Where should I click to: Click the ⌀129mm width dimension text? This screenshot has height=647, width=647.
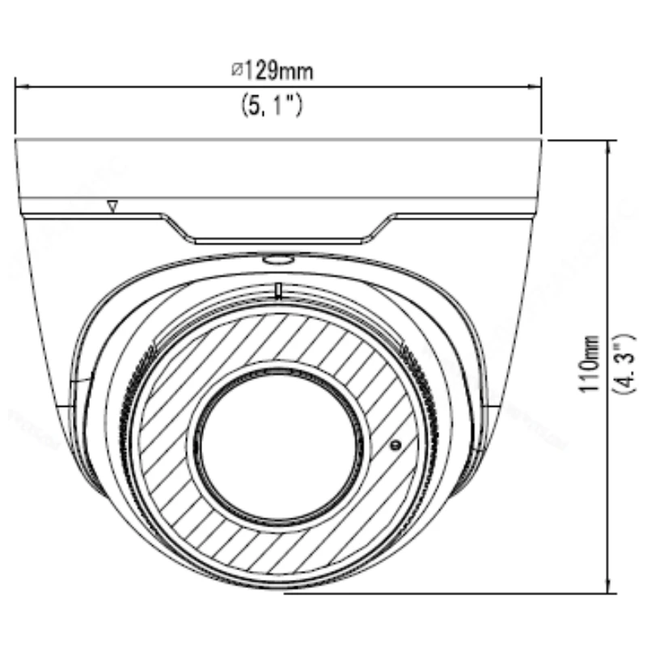[273, 71]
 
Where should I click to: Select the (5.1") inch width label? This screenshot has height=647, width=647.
[272, 105]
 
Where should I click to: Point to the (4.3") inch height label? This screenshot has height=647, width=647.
[625, 365]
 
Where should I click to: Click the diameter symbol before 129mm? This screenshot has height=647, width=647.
[236, 70]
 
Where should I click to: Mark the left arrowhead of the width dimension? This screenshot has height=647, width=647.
[22, 87]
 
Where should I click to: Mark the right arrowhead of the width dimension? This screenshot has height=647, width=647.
[535, 87]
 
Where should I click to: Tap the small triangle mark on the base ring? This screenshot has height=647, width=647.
[112, 206]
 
